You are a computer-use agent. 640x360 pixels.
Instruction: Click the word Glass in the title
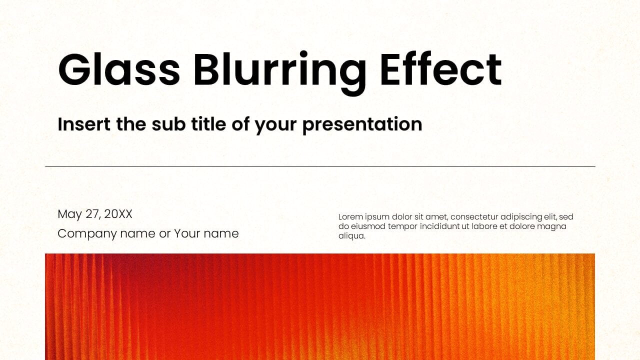(x=119, y=69)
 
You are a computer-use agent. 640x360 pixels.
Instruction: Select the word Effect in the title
(x=440, y=69)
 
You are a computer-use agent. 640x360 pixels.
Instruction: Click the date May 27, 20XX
(x=95, y=214)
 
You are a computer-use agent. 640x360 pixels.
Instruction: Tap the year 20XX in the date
(x=118, y=214)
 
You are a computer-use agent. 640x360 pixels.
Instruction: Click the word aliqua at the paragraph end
(x=351, y=236)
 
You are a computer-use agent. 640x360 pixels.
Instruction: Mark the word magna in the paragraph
(x=552, y=226)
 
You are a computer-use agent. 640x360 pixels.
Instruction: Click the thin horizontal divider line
(x=320, y=166)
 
